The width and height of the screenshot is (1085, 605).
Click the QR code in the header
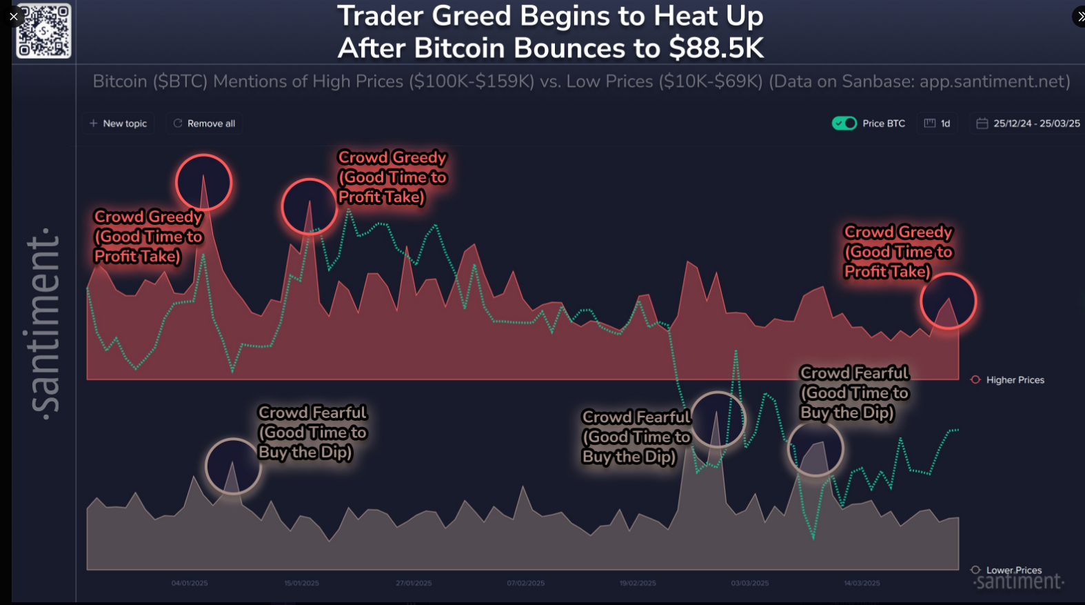coord(43,31)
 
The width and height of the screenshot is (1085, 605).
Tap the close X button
coord(14,17)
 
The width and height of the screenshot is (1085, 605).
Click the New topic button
coord(118,123)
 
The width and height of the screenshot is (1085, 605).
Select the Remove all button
coord(204,123)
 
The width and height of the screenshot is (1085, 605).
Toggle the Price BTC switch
coord(844,123)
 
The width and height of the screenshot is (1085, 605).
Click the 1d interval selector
coord(937,123)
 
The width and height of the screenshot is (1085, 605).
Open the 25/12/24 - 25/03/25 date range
coord(1028,123)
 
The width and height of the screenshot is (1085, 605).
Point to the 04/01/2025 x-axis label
coord(190,583)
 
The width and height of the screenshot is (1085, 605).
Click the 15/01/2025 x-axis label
coord(302,583)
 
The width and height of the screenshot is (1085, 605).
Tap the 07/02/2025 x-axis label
coord(526,583)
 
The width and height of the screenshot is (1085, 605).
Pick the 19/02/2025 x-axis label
coord(638,583)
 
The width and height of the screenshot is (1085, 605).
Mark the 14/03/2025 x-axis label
coord(862,583)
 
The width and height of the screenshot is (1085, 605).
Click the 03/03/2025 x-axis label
coord(750,583)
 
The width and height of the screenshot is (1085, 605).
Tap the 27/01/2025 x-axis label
coord(414,583)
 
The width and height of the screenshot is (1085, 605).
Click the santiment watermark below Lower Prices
coord(1019,582)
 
